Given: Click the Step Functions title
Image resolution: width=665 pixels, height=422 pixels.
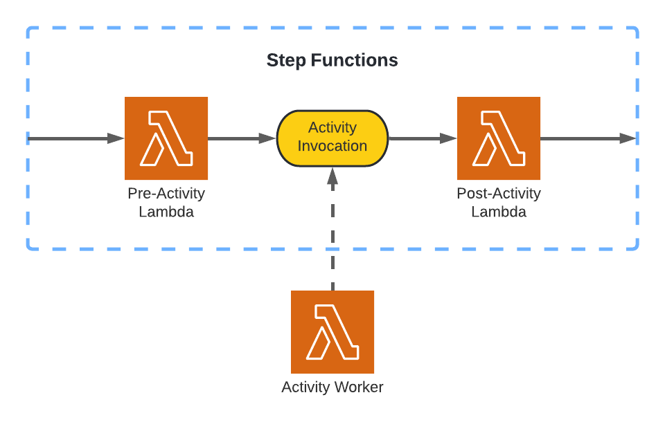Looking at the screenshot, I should click(x=332, y=60).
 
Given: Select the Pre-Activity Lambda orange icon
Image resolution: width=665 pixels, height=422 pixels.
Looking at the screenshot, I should click(x=166, y=138).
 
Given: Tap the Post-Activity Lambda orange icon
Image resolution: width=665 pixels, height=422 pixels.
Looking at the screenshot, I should click(x=499, y=138).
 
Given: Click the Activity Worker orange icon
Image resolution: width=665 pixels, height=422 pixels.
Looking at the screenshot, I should click(x=332, y=332).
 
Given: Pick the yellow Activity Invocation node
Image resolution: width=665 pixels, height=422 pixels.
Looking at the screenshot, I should click(x=332, y=138).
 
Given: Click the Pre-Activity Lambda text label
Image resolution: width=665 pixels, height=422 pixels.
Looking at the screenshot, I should click(x=166, y=203).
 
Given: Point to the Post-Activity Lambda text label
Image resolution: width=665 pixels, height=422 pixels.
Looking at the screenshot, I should click(x=499, y=203).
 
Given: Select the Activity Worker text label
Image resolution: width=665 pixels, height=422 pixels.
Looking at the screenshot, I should click(x=332, y=387).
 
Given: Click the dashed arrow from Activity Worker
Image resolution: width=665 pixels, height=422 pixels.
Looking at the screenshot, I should click(x=332, y=235).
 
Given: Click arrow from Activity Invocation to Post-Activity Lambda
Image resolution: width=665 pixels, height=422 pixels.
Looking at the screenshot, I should click(x=422, y=138).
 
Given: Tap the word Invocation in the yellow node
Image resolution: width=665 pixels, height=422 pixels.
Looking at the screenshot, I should click(x=332, y=146).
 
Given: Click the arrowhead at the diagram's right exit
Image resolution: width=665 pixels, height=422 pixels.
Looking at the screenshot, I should click(x=628, y=138).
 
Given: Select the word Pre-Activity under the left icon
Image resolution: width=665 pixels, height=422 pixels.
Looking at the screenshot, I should click(x=166, y=194).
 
